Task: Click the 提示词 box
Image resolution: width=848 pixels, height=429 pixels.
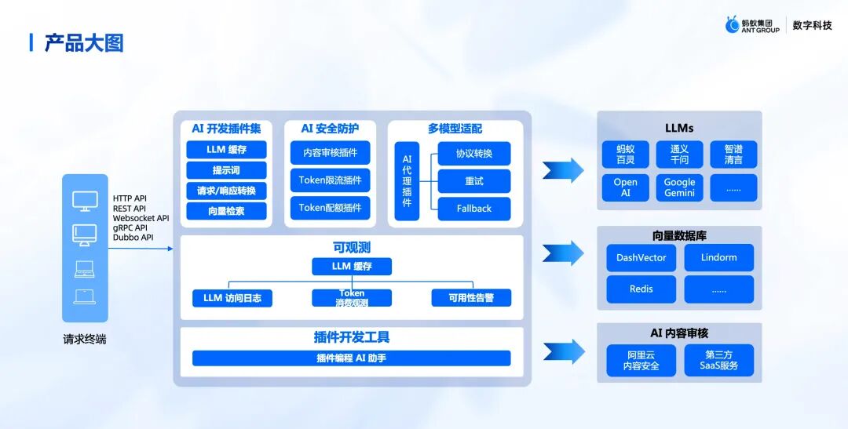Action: pyautogui.click(x=226, y=170)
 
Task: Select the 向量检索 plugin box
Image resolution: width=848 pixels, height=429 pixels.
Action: pyautogui.click(x=226, y=211)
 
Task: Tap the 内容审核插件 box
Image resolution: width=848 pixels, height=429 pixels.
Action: pyautogui.click(x=330, y=152)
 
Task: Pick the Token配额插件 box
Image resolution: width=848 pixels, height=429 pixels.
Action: pyautogui.click(x=330, y=208)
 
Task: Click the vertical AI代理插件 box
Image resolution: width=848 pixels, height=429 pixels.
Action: pyautogui.click(x=407, y=181)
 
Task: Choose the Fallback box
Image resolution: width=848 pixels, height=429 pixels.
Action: pyautogui.click(x=473, y=209)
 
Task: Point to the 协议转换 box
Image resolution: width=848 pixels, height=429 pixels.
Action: pyautogui.click(x=473, y=154)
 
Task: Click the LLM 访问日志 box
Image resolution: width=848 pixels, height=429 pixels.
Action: pyautogui.click(x=232, y=298)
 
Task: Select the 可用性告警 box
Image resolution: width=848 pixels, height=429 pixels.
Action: pyautogui.click(x=471, y=298)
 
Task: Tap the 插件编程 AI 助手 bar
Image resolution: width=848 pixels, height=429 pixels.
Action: pyautogui.click(x=351, y=358)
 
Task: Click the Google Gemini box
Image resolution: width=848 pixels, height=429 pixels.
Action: pyautogui.click(x=679, y=187)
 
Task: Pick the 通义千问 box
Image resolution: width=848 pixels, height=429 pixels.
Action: pyautogui.click(x=679, y=155)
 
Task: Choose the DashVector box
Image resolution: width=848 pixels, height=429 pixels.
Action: pyautogui.click(x=641, y=258)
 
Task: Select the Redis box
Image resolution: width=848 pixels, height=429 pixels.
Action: pyautogui.click(x=641, y=289)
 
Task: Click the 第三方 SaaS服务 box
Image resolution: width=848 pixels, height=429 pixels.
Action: pyautogui.click(x=718, y=360)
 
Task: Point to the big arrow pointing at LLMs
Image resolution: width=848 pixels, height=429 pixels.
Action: pyautogui.click(x=563, y=170)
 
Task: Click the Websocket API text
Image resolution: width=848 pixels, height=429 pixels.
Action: pyautogui.click(x=141, y=218)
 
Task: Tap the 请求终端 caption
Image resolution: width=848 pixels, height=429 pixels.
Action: pyautogui.click(x=85, y=340)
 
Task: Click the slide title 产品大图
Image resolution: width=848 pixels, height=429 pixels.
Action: pyautogui.click(x=84, y=42)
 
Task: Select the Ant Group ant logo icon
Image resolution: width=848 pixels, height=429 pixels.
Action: pyautogui.click(x=733, y=25)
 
